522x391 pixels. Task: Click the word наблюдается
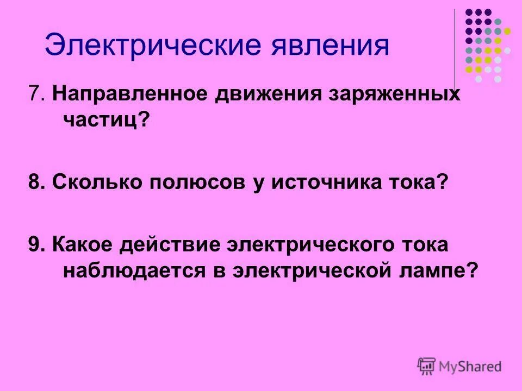point(132,270)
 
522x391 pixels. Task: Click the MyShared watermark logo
point(459,366)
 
